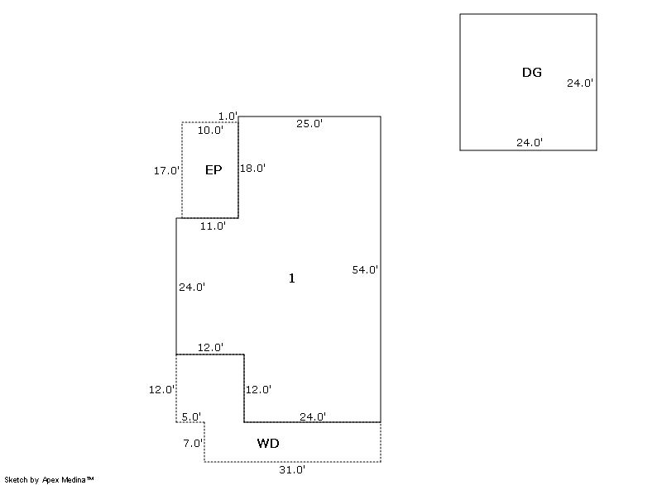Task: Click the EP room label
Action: tap(213, 170)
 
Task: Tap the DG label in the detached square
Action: tap(532, 73)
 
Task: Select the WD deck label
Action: tap(268, 444)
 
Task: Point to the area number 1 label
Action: tap(291, 278)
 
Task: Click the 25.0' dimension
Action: tap(309, 124)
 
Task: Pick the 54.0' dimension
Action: tap(366, 269)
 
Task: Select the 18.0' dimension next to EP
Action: tap(252, 168)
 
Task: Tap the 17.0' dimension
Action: tap(166, 171)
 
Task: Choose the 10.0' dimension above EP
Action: tap(210, 130)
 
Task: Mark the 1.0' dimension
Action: tap(228, 116)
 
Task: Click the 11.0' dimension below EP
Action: tap(213, 226)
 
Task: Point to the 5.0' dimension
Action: tap(191, 417)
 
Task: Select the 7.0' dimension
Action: tap(192, 443)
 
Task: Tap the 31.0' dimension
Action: tap(293, 469)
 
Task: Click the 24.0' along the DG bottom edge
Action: tap(530, 142)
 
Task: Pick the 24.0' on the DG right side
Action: tap(580, 83)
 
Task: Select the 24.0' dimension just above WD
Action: tap(313, 416)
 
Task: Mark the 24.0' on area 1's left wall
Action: tap(192, 288)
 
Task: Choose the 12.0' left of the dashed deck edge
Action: tap(161, 389)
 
